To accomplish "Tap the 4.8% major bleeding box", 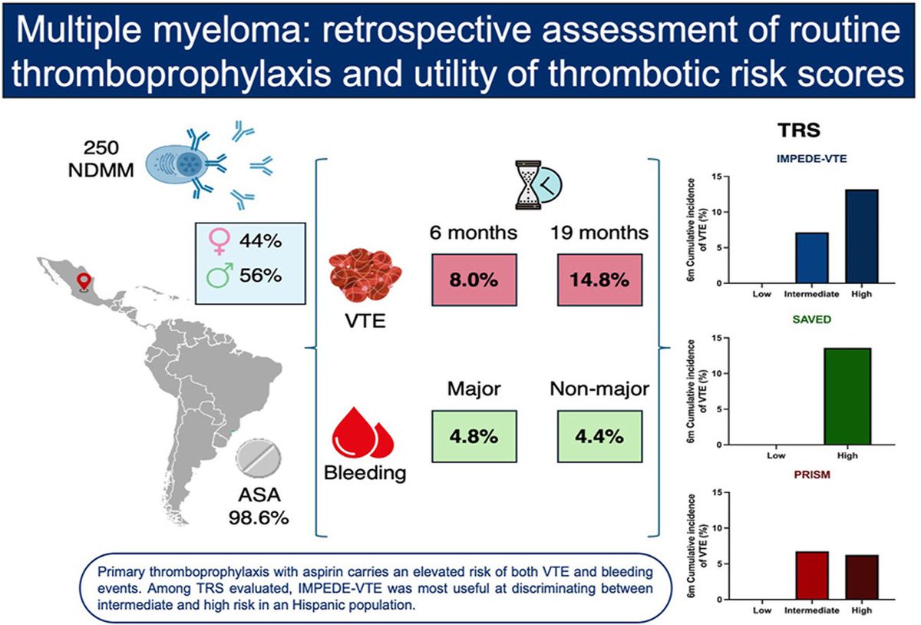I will point(474,436).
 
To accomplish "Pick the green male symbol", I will point(220,275).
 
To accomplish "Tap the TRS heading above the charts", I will point(814,131).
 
